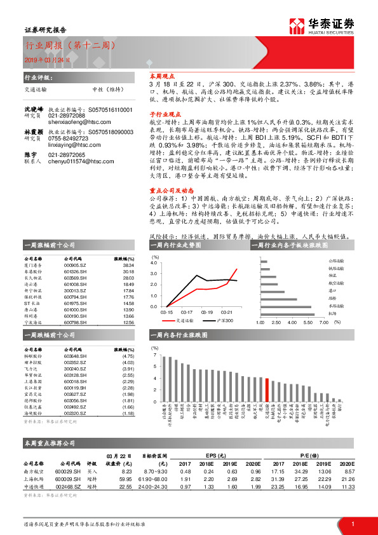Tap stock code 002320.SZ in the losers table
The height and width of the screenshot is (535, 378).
pyautogui.click(x=75, y=413)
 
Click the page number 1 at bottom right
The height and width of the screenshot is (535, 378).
pyautogui.click(x=353, y=523)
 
